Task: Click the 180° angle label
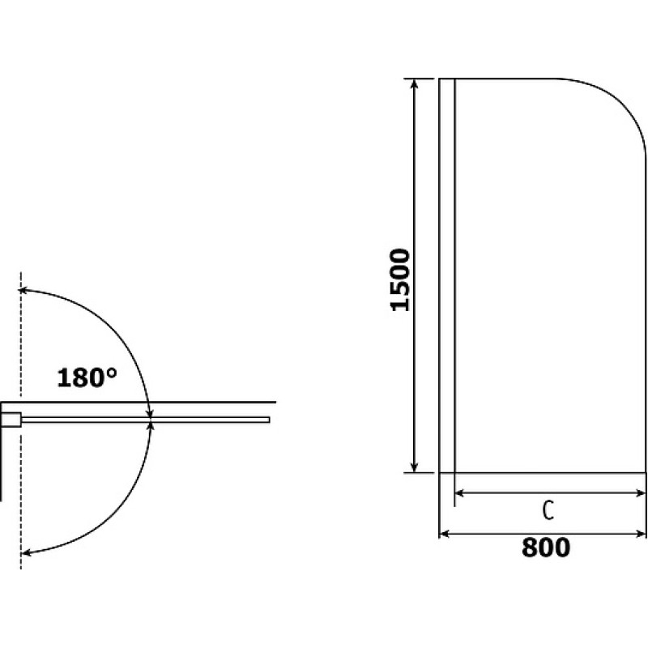(x=87, y=377)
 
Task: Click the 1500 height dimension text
(x=400, y=279)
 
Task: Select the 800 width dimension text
(x=545, y=548)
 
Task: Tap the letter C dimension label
(x=548, y=511)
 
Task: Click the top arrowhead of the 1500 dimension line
(x=415, y=83)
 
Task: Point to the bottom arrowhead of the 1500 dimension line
(x=415, y=467)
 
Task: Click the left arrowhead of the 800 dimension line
(x=444, y=534)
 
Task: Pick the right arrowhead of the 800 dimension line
(x=641, y=534)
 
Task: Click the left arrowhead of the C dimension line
(x=460, y=492)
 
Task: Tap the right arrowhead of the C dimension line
(x=641, y=492)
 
